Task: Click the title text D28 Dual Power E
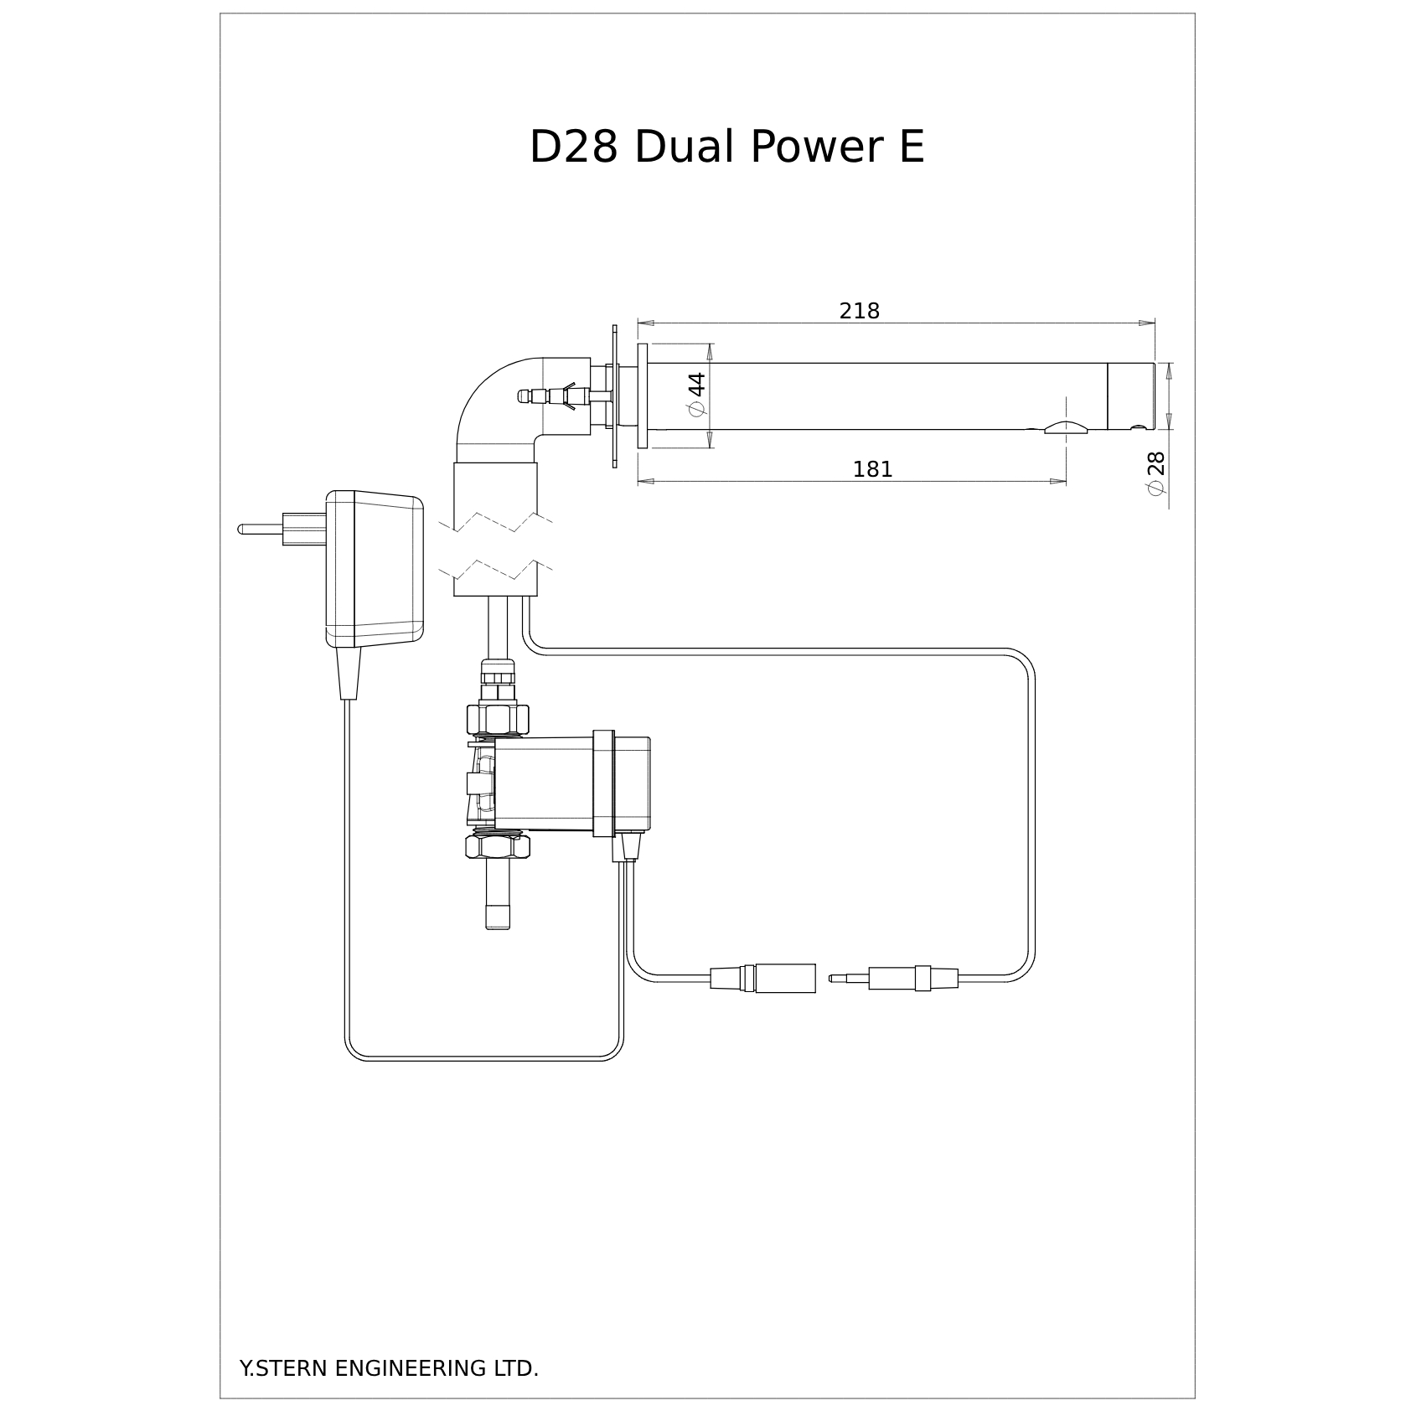[x=726, y=147]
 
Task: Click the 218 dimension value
[x=859, y=312]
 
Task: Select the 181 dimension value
[x=872, y=470]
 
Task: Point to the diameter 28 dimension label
[x=1156, y=473]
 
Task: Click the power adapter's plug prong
[x=261, y=529]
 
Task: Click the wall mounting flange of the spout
[x=643, y=395]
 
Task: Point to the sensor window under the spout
[x=1065, y=428]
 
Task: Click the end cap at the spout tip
[x=1130, y=395]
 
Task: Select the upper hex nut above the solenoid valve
[x=498, y=718]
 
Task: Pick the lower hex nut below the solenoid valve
[x=498, y=846]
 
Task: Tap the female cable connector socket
[x=785, y=978]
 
